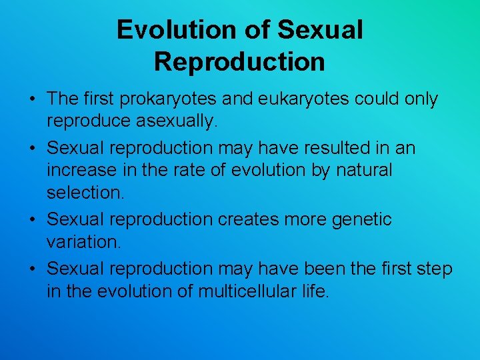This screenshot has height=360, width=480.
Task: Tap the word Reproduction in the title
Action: coord(239,61)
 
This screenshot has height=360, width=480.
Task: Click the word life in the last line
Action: coord(316,292)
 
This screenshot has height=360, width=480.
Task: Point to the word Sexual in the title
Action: coord(320,30)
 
